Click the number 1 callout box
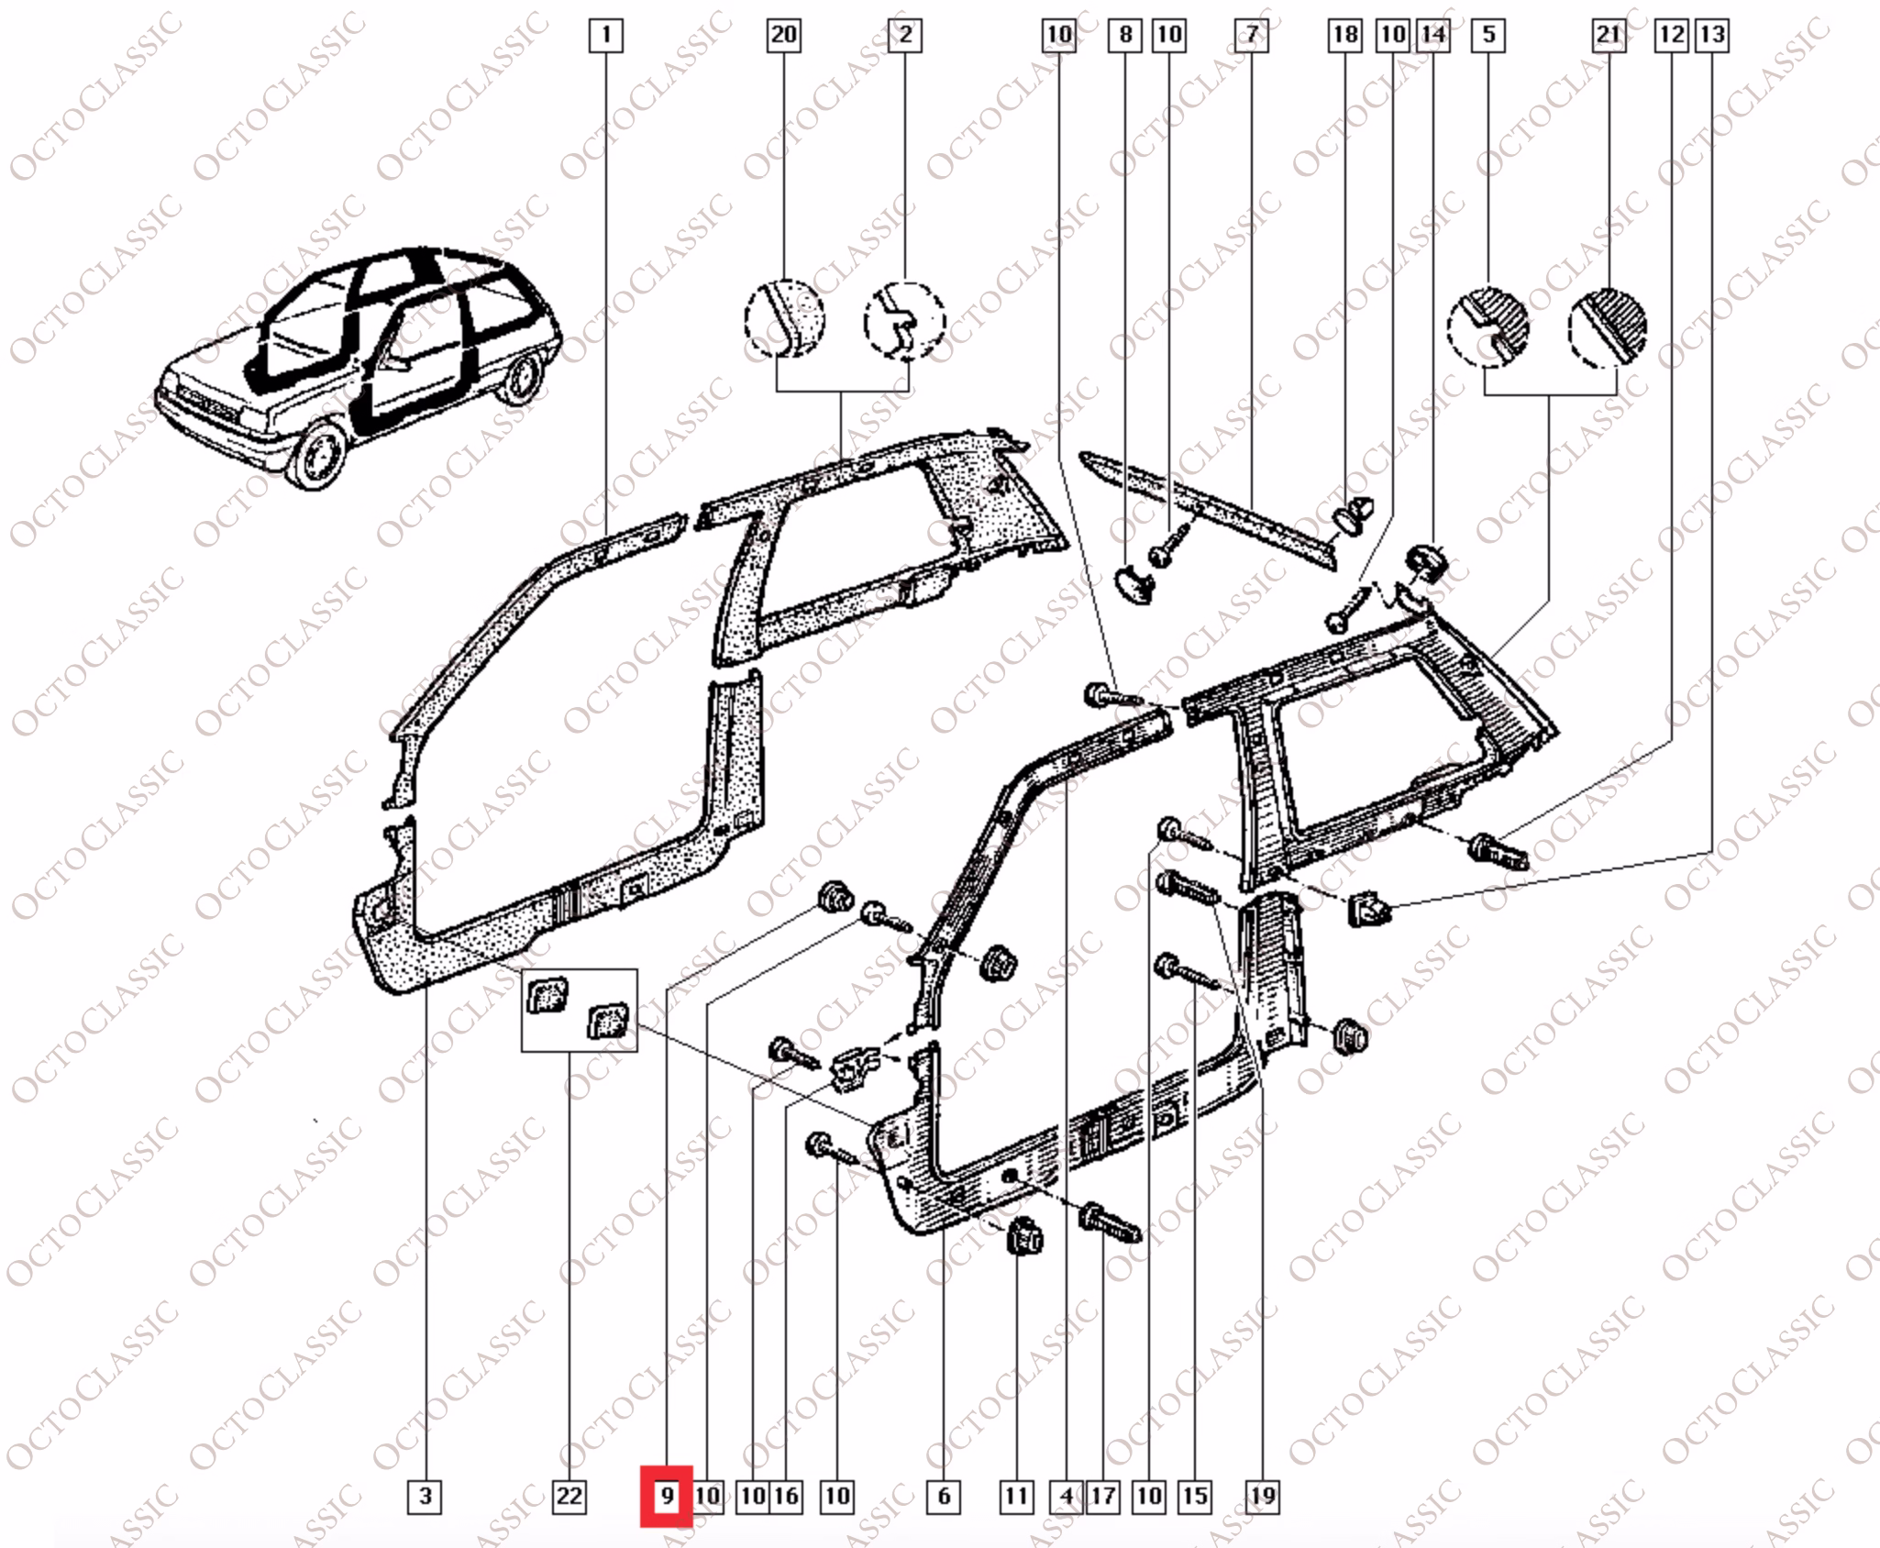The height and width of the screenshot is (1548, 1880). pyautogui.click(x=605, y=36)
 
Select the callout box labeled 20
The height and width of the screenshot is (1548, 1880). pyautogui.click(x=783, y=35)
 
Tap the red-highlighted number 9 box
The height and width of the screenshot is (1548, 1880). pyautogui.click(x=667, y=1497)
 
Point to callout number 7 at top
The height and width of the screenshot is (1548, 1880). pyautogui.click(x=1252, y=35)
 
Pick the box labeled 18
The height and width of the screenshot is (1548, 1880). pyautogui.click(x=1345, y=35)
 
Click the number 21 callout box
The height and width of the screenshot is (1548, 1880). pyautogui.click(x=1609, y=35)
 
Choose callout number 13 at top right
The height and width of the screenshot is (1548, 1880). pyautogui.click(x=1712, y=35)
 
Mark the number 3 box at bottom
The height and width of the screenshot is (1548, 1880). pyautogui.click(x=425, y=1497)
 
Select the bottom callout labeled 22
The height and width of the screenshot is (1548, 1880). pyautogui.click(x=569, y=1497)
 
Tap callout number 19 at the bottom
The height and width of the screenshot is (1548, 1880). pyautogui.click(x=1263, y=1497)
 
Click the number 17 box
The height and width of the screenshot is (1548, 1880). pyautogui.click(x=1102, y=1497)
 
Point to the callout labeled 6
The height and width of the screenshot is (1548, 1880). pyautogui.click(x=944, y=1497)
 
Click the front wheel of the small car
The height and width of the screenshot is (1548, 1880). pyautogui.click(x=317, y=456)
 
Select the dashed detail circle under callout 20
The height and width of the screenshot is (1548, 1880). pyautogui.click(x=784, y=318)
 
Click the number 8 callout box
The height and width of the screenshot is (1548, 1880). pyautogui.click(x=1125, y=35)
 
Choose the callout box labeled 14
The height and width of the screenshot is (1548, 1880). pyautogui.click(x=1432, y=35)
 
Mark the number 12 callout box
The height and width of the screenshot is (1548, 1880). pyautogui.click(x=1671, y=35)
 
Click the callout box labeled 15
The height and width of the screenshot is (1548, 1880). pyautogui.click(x=1194, y=1497)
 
